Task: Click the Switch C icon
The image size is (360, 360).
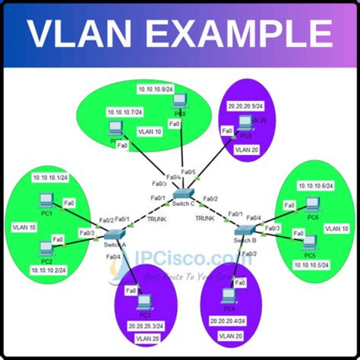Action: (183, 195)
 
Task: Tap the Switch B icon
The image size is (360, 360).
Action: (245, 230)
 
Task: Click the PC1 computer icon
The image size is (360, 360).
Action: (46, 201)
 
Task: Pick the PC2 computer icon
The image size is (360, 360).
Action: (46, 246)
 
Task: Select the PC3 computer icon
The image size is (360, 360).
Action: (144, 300)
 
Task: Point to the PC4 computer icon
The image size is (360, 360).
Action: (227, 295)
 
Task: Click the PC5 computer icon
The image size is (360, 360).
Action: (310, 241)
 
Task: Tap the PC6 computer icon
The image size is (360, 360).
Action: (312, 203)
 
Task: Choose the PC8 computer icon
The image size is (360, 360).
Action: (178, 101)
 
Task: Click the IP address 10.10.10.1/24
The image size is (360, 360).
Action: (49, 177)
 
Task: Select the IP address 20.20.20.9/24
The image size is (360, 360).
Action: (245, 106)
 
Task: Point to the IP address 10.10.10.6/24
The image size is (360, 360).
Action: (315, 186)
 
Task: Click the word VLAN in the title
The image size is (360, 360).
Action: (83, 33)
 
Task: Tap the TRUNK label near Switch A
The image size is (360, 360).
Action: (157, 219)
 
